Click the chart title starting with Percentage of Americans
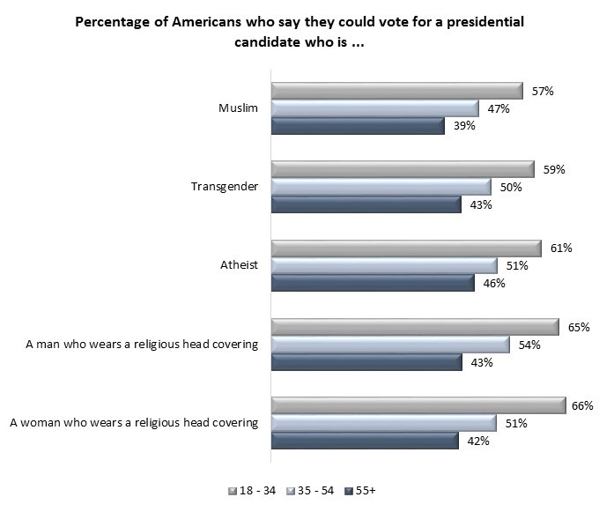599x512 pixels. pyautogui.click(x=299, y=32)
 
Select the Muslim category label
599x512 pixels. pyautogui.click(x=238, y=108)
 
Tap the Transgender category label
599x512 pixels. pyautogui.click(x=225, y=187)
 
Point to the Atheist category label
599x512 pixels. pyautogui.click(x=238, y=264)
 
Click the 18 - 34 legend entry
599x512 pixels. pyautogui.click(x=256, y=490)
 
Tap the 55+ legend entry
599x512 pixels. pyautogui.click(x=363, y=490)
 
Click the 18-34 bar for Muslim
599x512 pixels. pyautogui.click(x=396, y=91)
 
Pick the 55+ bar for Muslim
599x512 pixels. pyautogui.click(x=357, y=126)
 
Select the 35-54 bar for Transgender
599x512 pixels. pyautogui.click(x=381, y=187)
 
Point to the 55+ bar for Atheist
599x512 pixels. pyautogui.click(x=372, y=283)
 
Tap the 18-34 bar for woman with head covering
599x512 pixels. pyautogui.click(x=418, y=404)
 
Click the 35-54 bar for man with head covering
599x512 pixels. pyautogui.click(x=389, y=344)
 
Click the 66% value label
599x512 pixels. pyautogui.click(x=581, y=404)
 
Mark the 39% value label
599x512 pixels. pyautogui.click(x=464, y=126)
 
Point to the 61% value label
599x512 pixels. pyautogui.click(x=562, y=248)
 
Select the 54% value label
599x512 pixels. pyautogui.click(x=530, y=344)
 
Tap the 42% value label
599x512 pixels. pyautogui.click(x=477, y=441)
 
